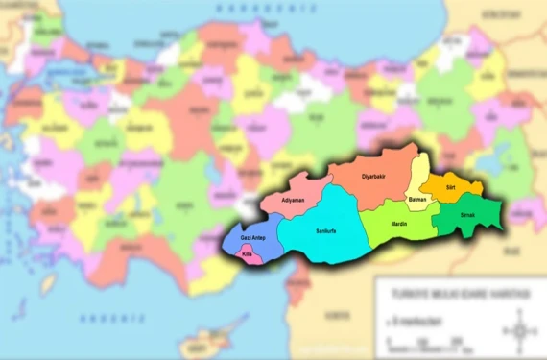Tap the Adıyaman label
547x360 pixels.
pyautogui.click(x=293, y=201)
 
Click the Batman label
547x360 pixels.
pyautogui.click(x=417, y=199)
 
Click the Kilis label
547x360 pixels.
pyautogui.click(x=247, y=253)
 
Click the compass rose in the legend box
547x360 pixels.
pyautogui.click(x=520, y=333)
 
